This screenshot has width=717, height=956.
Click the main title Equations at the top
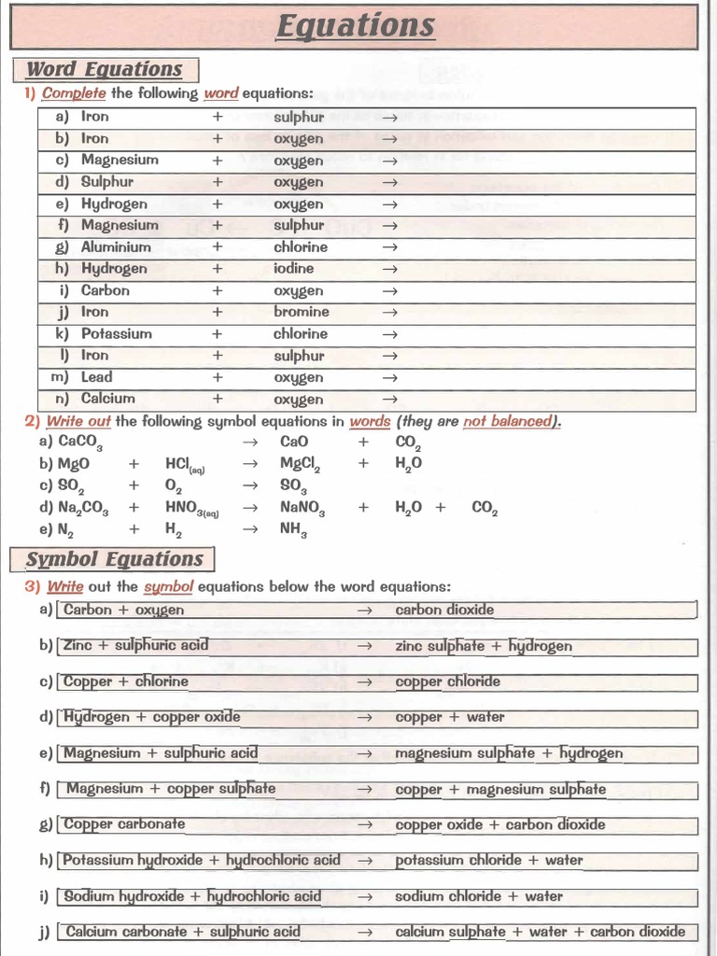tap(356, 25)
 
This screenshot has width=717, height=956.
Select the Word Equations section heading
tap(104, 69)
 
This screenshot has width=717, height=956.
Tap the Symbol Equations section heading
tap(114, 559)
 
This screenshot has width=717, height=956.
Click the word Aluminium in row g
tap(116, 247)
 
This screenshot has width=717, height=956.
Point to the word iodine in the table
tap(293, 269)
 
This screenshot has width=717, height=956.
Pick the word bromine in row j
tap(301, 312)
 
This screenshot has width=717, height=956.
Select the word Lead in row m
tap(96, 377)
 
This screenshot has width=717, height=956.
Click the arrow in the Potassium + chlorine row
tap(390, 334)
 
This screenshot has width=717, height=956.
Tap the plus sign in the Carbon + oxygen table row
tap(218, 290)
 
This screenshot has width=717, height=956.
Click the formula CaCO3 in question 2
tap(79, 443)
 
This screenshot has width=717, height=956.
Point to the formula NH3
tap(293, 529)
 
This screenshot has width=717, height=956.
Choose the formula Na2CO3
tap(83, 508)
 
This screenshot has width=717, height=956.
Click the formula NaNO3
tap(302, 508)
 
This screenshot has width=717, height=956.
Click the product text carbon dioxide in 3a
tap(444, 610)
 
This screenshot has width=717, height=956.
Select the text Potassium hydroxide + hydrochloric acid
tap(202, 860)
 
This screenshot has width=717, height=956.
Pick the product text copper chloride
tap(447, 682)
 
